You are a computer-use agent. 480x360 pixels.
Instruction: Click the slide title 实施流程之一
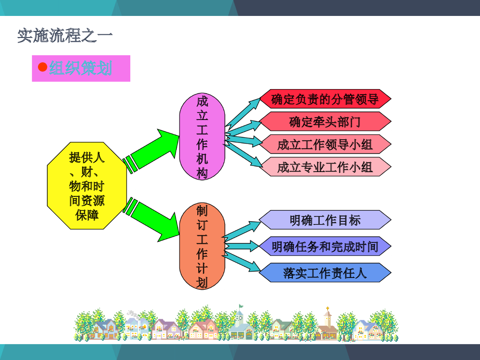[x=65, y=36]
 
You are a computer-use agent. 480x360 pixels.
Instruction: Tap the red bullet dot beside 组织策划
[x=42, y=67]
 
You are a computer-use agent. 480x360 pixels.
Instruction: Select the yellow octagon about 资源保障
[x=87, y=186]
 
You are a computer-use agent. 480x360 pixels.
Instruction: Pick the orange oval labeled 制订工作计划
[x=202, y=246]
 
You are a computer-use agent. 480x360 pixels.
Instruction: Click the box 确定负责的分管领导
[x=325, y=99]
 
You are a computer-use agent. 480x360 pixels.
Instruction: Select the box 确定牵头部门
[x=325, y=121]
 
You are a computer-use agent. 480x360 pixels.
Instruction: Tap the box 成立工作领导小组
[x=325, y=144]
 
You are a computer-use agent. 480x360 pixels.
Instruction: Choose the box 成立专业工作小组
[x=325, y=166]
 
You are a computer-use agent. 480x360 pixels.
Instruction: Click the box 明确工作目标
[x=325, y=220]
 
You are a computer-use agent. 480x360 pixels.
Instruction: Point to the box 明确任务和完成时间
[x=325, y=246]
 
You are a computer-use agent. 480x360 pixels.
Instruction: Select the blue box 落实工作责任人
[x=325, y=272]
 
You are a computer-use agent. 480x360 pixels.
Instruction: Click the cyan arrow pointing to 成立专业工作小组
[x=244, y=150]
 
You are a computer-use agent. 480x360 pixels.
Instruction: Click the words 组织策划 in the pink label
[x=81, y=68]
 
